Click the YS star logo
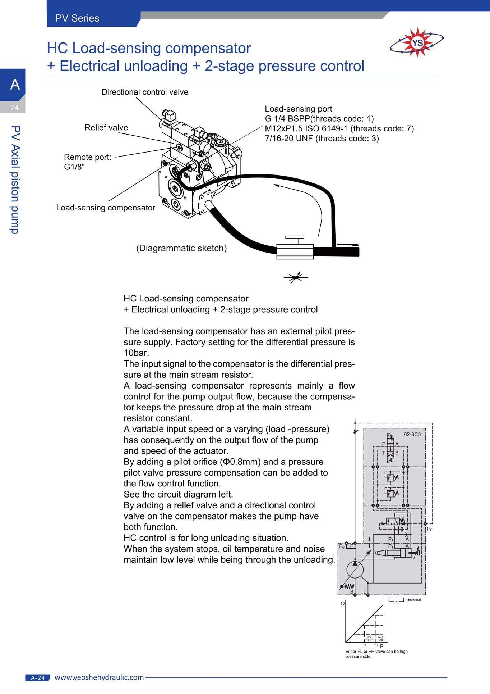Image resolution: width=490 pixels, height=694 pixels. (x=417, y=43)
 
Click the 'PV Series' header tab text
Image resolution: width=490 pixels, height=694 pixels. (x=77, y=18)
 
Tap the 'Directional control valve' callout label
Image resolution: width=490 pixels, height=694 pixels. (x=145, y=92)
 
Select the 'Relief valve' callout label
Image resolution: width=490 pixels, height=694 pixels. (x=106, y=128)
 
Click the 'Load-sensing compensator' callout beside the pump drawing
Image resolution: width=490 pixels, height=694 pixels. (x=106, y=208)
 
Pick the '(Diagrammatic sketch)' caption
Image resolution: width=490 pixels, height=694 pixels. (x=181, y=248)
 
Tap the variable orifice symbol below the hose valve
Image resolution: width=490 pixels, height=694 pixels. (x=296, y=277)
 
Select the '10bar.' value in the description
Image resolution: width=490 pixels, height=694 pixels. (x=136, y=353)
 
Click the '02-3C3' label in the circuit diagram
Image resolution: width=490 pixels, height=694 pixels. (x=412, y=434)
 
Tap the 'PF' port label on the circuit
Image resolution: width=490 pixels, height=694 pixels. (x=430, y=529)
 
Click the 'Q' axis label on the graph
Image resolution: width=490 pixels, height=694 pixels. (x=343, y=603)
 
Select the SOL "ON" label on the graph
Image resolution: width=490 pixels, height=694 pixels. (x=381, y=638)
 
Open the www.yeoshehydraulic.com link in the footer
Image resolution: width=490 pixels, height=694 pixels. (x=99, y=677)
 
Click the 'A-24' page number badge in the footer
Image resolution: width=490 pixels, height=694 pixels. (x=38, y=678)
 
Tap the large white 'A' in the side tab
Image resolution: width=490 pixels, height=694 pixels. (x=15, y=85)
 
